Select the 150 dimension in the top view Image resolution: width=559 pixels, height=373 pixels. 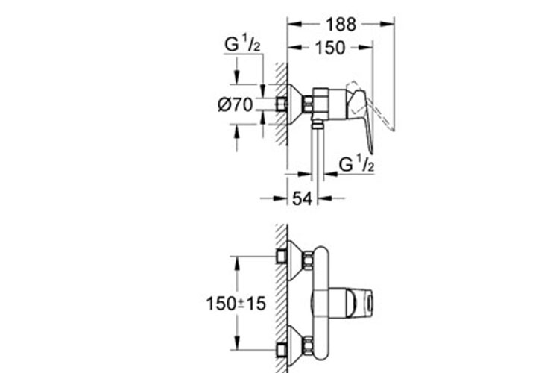[x=330, y=48]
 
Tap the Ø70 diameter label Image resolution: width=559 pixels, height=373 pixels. [x=234, y=104]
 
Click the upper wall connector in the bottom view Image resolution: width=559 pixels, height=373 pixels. [x=282, y=257]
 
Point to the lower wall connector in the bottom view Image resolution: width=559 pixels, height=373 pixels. [x=282, y=348]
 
